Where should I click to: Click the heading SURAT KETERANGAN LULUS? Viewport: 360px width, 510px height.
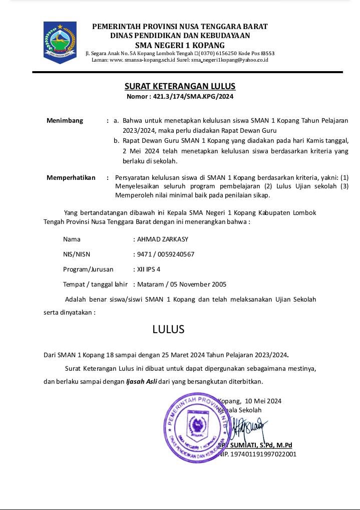coord(180,87)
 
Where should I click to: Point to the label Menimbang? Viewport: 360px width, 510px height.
coord(65,121)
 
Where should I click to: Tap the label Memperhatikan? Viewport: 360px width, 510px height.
coord(71,177)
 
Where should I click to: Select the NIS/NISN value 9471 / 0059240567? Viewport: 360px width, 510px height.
coord(166,254)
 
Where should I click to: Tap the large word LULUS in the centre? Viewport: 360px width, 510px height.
coord(169,329)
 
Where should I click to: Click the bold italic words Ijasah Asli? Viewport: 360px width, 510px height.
coord(142,381)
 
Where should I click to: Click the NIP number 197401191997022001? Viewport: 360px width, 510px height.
coord(261,454)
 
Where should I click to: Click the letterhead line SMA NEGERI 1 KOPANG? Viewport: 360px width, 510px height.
coord(180,45)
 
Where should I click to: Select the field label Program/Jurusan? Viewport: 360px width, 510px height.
coord(88,269)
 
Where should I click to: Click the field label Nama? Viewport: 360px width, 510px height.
coord(72,239)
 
